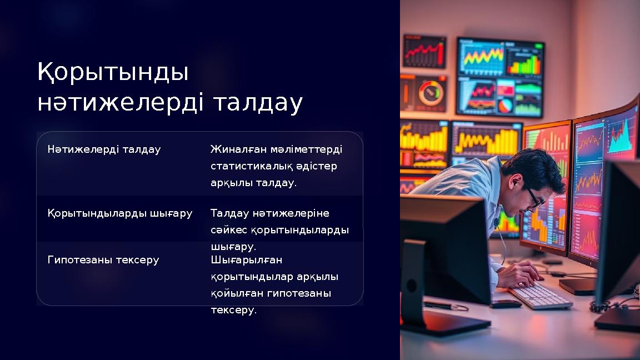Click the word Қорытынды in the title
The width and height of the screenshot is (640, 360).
tap(113, 73)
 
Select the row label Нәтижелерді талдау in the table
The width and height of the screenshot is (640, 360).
tap(104, 149)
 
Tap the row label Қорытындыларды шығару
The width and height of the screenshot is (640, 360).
tap(120, 213)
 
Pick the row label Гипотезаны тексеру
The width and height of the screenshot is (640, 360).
tap(103, 260)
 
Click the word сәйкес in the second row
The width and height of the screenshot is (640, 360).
tap(228, 230)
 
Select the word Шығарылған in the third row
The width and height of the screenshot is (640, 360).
tap(247, 260)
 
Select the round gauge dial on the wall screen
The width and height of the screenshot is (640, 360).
tap(429, 92)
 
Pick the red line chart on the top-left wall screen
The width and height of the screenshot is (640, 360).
tap(424, 52)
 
